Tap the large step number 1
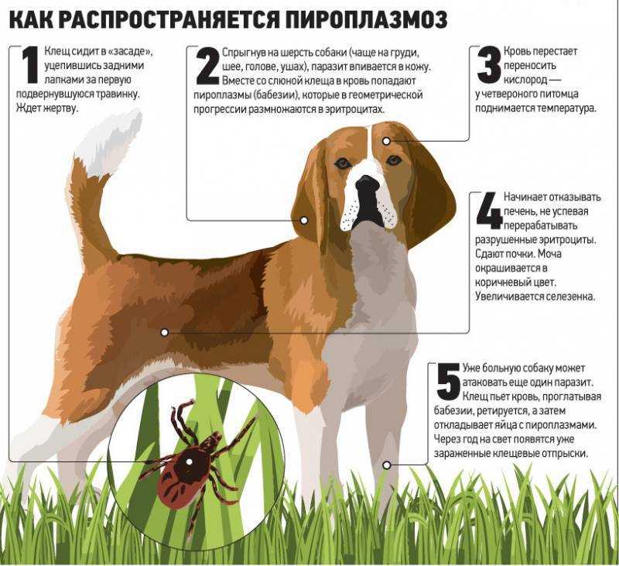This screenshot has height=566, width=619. [x=30, y=65]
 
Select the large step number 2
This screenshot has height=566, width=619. [x=207, y=66]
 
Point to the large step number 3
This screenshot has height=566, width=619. [x=489, y=65]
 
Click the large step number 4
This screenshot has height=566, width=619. [x=490, y=211]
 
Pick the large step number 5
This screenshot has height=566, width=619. [x=449, y=381]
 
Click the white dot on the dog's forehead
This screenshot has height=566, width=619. [x=386, y=141]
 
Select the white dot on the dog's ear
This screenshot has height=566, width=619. [x=304, y=221]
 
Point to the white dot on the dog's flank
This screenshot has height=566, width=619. [x=165, y=332]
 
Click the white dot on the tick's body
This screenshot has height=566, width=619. [x=189, y=461]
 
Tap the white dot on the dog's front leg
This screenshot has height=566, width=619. [x=387, y=465]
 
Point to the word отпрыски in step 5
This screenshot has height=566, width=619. [x=567, y=454]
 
